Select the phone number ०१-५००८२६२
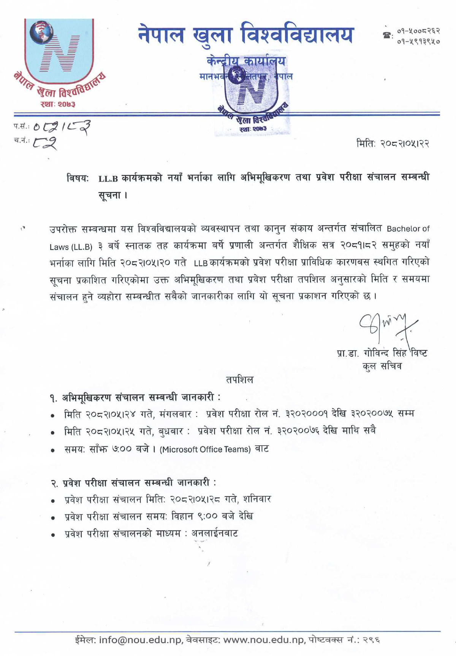click(418, 31)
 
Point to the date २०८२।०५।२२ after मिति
click(405, 144)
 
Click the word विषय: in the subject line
click(78, 178)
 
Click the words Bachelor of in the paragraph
click(408, 229)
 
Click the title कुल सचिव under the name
click(382, 366)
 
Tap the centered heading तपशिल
click(239, 380)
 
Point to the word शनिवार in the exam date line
click(257, 499)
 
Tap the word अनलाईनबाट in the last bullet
click(215, 533)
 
